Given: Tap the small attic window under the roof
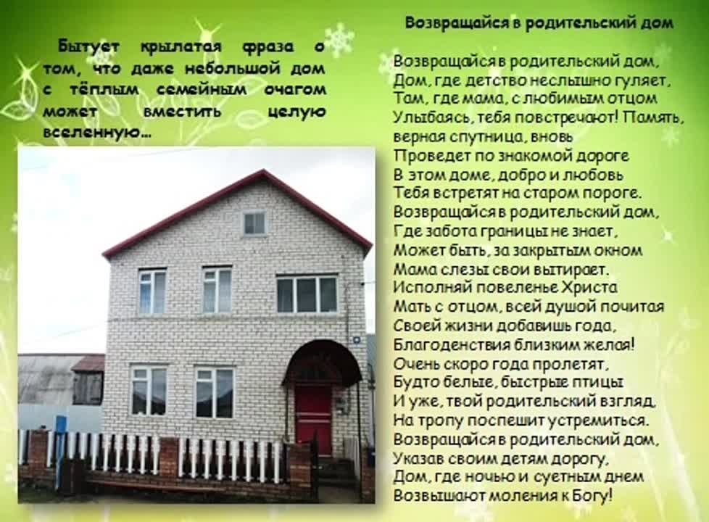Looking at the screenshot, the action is click(254, 223).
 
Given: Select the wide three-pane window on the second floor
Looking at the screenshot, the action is click(307, 294).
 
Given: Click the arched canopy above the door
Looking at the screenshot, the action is click(323, 362).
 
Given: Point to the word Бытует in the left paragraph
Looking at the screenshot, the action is click(88, 46).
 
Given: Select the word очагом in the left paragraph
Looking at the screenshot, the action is click(295, 90).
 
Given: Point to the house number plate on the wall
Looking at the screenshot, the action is click(357, 339).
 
